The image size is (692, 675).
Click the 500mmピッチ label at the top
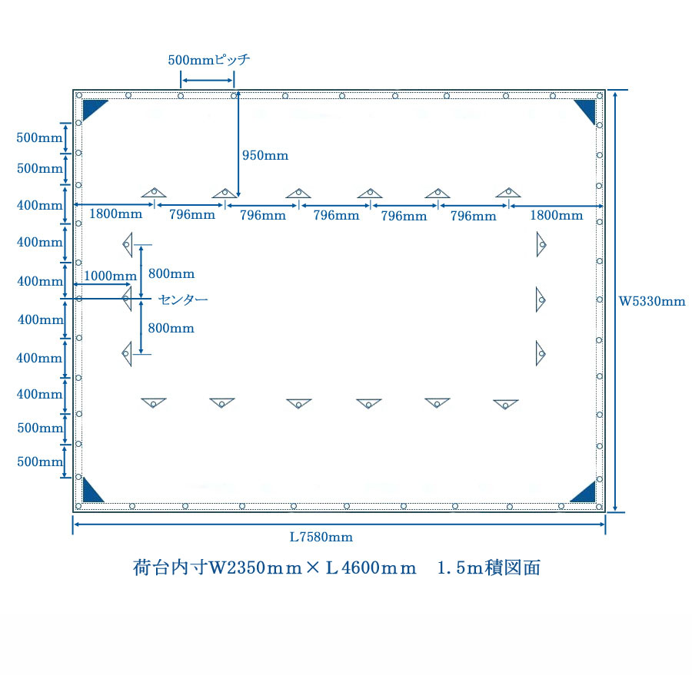208,60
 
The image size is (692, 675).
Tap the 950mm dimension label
265,155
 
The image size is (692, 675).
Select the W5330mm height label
652,302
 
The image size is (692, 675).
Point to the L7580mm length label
321,537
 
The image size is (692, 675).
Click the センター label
183,299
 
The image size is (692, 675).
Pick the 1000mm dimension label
110,276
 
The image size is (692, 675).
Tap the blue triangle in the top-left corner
95,109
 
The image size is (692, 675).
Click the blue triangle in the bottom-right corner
584,491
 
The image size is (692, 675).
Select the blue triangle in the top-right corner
586,111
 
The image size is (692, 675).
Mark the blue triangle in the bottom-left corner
92,490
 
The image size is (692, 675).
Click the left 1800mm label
115,214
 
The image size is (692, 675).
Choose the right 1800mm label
557,215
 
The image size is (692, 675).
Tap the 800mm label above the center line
171,274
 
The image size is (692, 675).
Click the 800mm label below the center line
171,328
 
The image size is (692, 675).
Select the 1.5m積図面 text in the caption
489,567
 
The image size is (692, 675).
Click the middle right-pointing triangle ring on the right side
541,299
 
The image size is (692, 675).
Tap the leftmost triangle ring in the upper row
154,192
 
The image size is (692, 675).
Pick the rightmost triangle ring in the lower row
506,404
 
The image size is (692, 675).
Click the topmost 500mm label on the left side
39,137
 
